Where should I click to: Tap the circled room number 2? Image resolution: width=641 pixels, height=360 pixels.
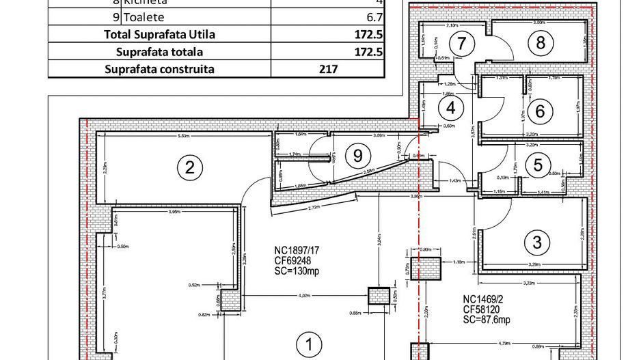191,167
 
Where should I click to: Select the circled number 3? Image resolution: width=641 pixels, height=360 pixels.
536,241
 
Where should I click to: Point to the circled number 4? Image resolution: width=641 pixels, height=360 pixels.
450,107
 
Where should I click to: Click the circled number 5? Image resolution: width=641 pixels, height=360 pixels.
538,165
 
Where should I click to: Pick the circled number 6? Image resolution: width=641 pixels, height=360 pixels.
539,110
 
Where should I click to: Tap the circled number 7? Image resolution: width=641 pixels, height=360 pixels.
463,44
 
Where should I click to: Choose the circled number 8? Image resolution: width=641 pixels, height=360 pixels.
541,43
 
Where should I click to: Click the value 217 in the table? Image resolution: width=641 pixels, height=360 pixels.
329,69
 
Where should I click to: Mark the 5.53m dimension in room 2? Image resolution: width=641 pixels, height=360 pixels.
182,137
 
